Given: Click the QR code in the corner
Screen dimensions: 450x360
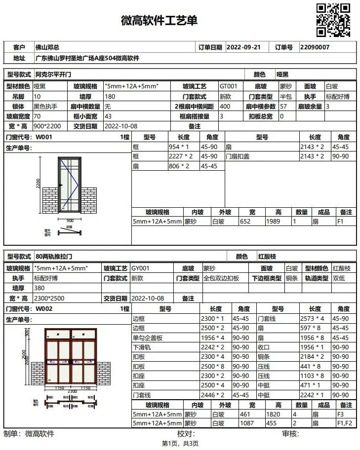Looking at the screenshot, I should pos(333,20).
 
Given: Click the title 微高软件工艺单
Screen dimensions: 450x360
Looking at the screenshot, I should pos(159,21).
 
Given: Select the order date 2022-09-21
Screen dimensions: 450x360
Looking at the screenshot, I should pos(243,47).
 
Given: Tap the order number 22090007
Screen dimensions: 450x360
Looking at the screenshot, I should pos(315,47).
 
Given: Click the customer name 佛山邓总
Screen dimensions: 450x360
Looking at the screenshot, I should pos(47,47).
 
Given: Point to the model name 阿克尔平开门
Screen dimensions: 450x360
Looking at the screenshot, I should pos(54,75).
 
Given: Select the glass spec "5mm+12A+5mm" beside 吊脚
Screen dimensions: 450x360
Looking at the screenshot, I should pos(132,86).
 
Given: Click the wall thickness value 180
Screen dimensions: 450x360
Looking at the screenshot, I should pos(110,97).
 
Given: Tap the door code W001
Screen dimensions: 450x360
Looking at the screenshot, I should pos(44,137).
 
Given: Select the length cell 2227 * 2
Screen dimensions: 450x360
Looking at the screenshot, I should pos(181,156).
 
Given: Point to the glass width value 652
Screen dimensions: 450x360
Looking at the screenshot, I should pos(245,222).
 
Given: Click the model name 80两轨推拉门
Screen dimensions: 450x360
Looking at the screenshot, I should pos(54,257).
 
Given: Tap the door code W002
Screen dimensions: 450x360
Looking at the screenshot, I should pos(44,309).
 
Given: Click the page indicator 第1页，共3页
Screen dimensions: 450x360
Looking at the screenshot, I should pos(180,444).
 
